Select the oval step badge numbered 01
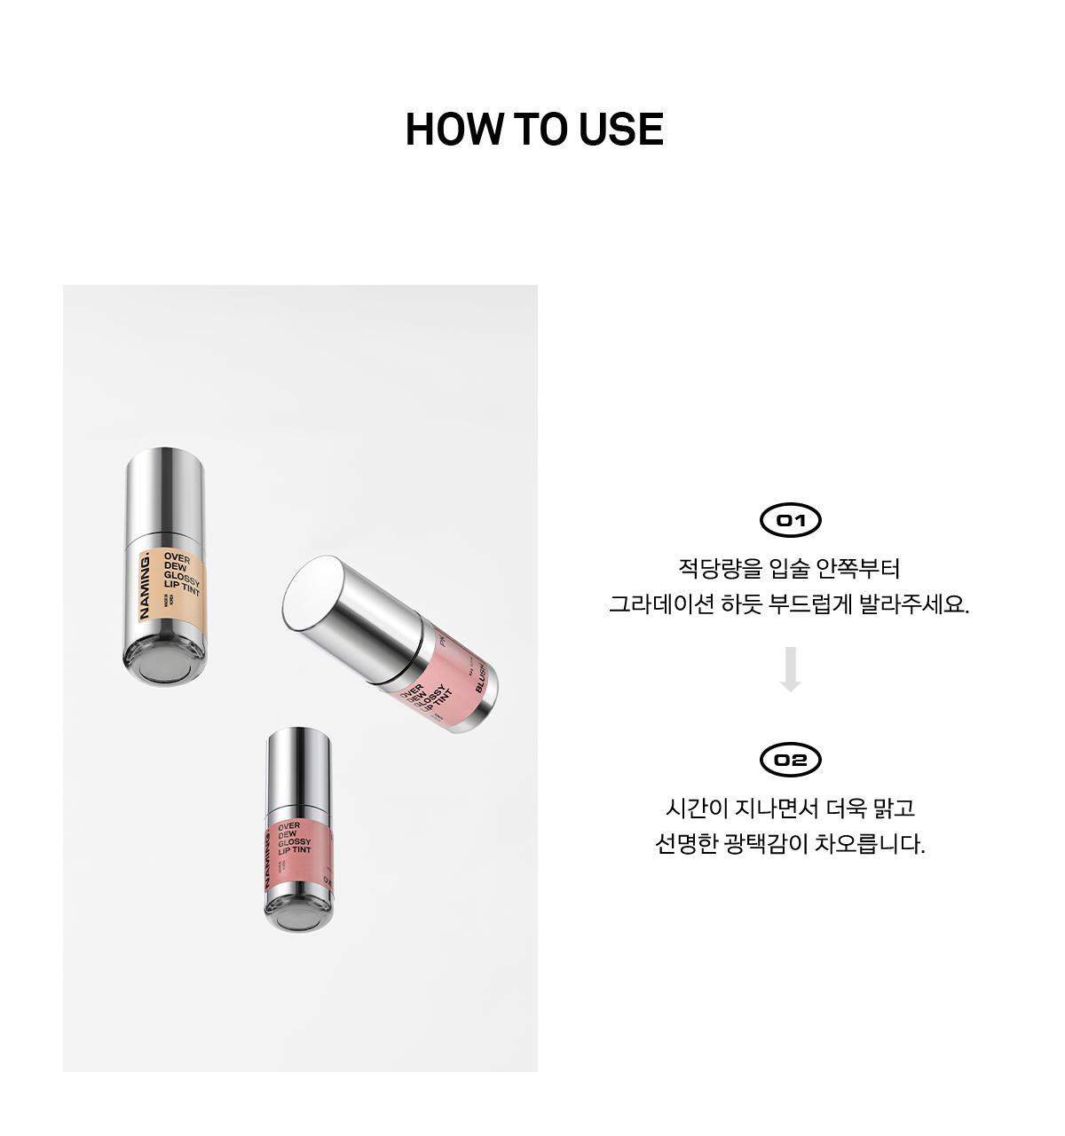coord(790,520)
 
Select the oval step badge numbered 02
coord(790,760)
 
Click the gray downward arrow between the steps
coord(790,669)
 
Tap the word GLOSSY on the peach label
coord(183,578)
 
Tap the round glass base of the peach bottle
coord(165,663)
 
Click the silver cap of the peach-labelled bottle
coord(166,493)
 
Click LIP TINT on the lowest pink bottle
coord(295,850)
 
